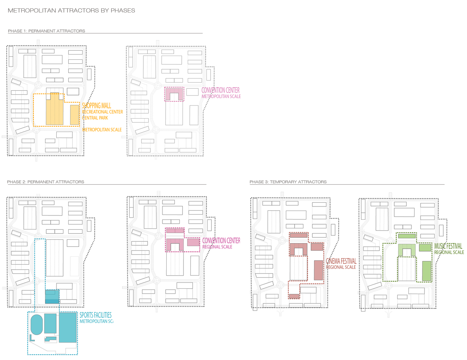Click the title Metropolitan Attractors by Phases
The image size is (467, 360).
(71, 11)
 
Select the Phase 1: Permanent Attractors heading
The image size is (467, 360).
(46, 31)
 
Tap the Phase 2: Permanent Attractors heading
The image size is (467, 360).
(45, 182)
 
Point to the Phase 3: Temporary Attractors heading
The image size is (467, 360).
(288, 182)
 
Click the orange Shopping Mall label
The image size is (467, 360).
(97, 106)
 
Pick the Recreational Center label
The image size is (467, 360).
(103, 112)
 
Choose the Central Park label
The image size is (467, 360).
(95, 118)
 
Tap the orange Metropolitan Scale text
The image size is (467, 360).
(102, 130)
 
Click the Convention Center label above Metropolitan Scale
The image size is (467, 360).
(220, 90)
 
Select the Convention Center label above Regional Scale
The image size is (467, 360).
(221, 241)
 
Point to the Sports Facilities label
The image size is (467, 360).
(96, 315)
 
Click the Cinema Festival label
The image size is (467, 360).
(341, 261)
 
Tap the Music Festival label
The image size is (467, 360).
(448, 246)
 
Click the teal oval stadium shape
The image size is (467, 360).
(37, 325)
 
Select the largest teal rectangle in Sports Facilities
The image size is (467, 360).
(68, 328)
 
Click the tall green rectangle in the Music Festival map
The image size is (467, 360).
(427, 271)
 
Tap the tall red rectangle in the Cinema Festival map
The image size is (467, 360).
(318, 270)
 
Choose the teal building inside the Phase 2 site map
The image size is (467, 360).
(52, 297)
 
